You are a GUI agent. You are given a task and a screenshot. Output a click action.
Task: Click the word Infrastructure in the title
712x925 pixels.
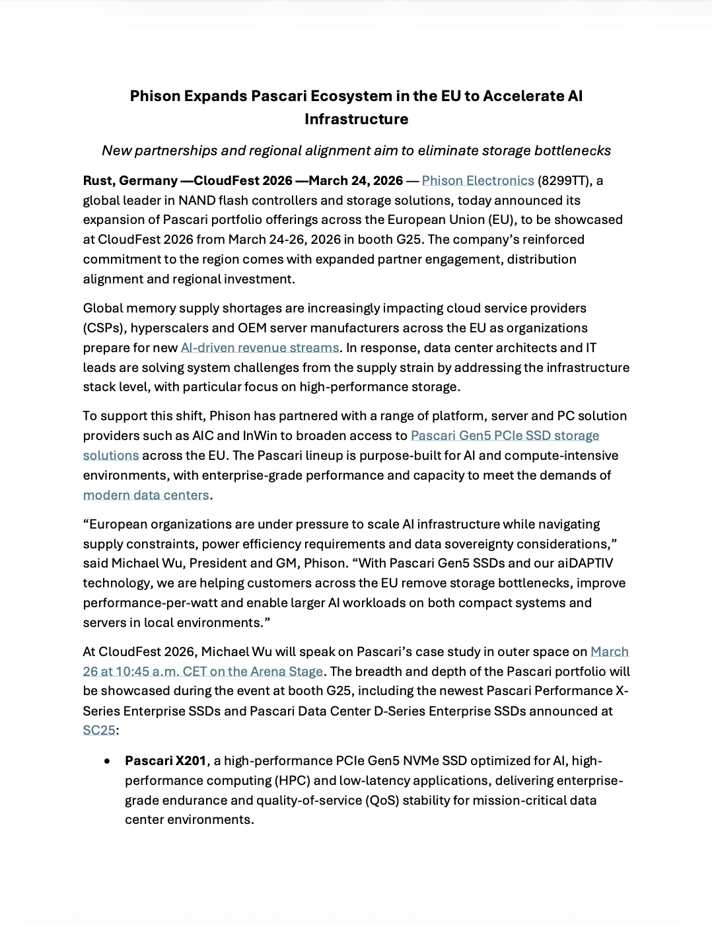[x=356, y=120]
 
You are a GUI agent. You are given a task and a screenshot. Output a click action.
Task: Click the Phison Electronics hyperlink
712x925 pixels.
[x=478, y=181]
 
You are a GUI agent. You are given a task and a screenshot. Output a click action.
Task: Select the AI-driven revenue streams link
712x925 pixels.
[x=260, y=348]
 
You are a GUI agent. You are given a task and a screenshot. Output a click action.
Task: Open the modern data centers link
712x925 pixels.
[x=146, y=496]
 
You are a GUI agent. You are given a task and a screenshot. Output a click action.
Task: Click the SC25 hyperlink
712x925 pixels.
[x=99, y=731]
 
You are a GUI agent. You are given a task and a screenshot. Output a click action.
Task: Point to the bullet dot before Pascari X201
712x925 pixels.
[x=107, y=761]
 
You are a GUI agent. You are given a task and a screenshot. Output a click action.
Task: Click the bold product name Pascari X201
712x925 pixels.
[x=166, y=761]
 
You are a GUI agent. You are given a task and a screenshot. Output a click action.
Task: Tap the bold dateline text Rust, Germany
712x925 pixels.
[x=130, y=181]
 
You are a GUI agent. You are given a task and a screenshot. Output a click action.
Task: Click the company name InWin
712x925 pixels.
[x=263, y=436]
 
